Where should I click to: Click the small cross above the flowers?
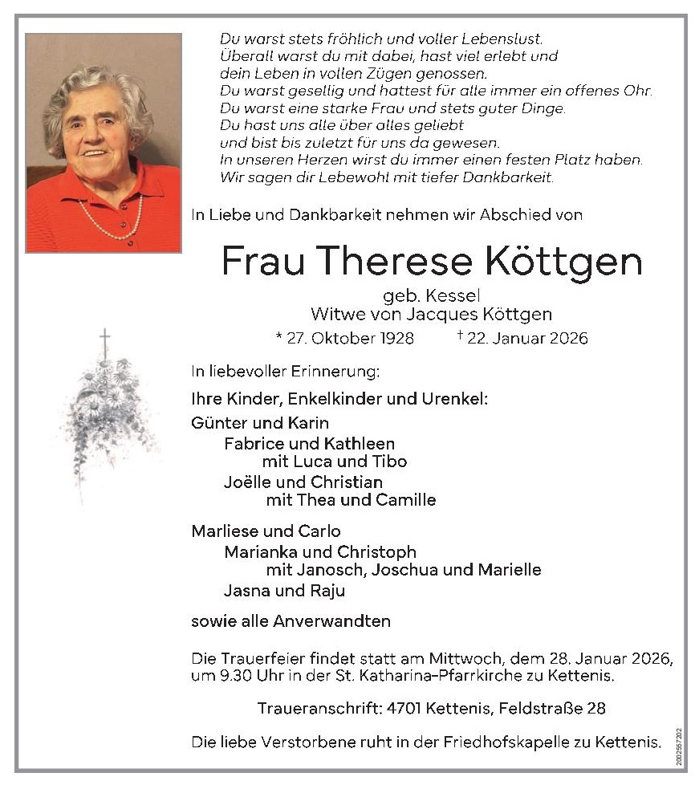point(104,338)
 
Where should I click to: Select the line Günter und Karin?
point(260,423)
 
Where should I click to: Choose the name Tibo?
point(389,462)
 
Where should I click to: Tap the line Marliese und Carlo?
point(266,531)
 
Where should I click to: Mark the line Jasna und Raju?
point(284,591)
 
